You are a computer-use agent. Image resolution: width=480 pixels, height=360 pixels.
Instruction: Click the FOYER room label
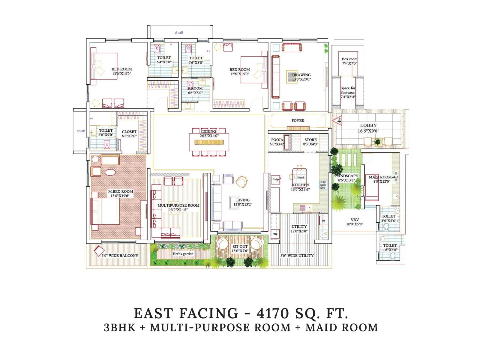tap(298, 121)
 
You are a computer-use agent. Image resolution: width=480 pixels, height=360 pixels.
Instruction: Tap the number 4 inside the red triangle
tap(339, 121)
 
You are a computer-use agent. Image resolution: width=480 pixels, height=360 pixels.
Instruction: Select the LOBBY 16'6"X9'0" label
tap(368, 128)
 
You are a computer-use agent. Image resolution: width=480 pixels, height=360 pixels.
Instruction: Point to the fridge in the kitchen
tap(276, 179)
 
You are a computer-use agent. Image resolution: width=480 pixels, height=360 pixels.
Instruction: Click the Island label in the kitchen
tap(300, 178)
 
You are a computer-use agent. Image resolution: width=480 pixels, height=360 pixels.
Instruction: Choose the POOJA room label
tap(277, 142)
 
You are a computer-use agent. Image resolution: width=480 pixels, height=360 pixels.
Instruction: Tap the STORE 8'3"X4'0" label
tap(310, 142)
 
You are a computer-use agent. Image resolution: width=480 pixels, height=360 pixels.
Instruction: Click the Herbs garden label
tap(183, 254)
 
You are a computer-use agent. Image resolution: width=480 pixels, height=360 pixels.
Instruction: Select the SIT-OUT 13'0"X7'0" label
tap(240, 249)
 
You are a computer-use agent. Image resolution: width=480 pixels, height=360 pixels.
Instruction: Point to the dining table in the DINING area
tap(209, 142)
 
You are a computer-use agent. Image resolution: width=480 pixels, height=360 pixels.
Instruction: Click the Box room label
tap(349, 61)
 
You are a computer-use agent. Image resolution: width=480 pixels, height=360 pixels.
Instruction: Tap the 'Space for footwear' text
tap(348, 92)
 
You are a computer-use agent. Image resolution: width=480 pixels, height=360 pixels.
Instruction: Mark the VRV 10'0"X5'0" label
tap(355, 222)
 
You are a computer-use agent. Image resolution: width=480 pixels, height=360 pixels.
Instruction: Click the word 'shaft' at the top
tap(179, 32)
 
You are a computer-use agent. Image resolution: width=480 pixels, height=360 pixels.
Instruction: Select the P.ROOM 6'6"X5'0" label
tap(195, 91)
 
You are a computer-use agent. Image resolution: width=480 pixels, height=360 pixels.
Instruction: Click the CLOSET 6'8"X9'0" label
tap(129, 134)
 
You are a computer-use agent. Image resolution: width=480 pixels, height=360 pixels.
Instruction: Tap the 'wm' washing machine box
tap(275, 234)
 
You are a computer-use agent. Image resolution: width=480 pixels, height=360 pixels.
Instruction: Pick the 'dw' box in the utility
tap(323, 220)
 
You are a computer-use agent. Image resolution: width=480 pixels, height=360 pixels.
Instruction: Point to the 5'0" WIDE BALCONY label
tap(120, 256)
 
